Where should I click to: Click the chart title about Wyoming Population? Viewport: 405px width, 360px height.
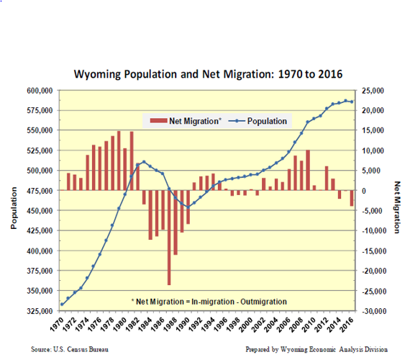pos(208,74)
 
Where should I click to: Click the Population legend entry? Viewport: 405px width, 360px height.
pos(261,121)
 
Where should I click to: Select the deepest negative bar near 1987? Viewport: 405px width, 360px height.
pos(169,238)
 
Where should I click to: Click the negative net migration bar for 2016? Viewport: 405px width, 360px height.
pos(352,199)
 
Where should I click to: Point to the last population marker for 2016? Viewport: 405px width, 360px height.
pos(352,102)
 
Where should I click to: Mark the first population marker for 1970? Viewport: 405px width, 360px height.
pos(62,305)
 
